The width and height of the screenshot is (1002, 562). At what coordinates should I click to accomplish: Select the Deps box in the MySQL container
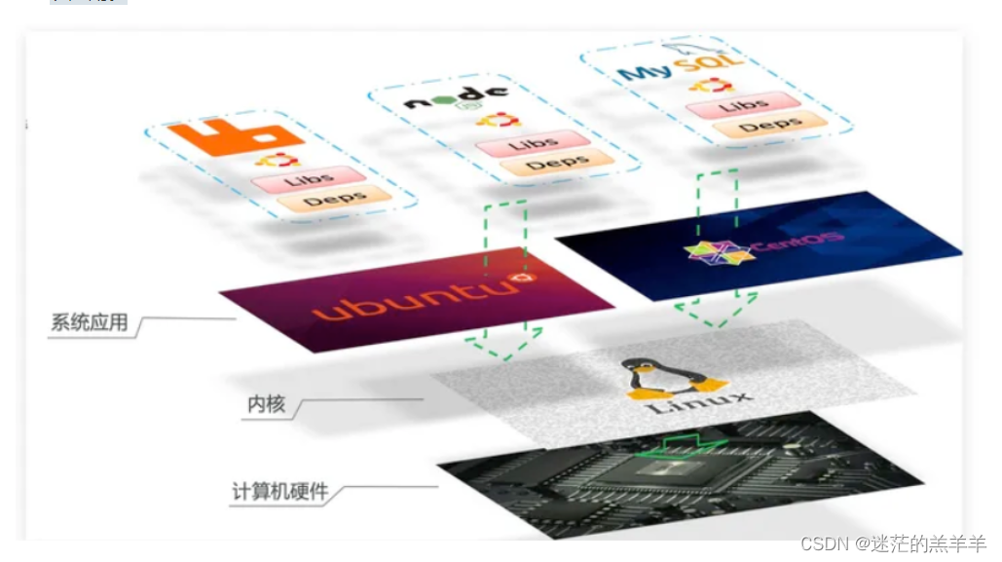769,125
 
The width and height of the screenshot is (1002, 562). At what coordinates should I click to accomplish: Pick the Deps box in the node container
557,162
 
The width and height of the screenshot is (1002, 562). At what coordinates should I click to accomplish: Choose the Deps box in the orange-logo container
334,201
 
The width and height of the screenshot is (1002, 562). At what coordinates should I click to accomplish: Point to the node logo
456,98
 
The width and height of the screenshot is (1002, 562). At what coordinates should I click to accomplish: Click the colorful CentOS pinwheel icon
718,254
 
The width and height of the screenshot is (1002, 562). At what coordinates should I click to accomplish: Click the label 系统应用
89,322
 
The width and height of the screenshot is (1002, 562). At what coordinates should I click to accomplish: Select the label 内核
267,404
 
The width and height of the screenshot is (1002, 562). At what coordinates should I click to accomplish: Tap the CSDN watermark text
894,543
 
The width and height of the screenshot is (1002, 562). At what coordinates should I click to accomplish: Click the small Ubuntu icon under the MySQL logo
711,86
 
